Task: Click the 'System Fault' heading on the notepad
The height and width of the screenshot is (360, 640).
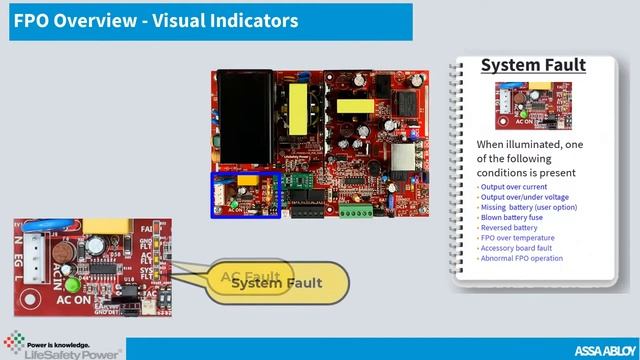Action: [x=532, y=66]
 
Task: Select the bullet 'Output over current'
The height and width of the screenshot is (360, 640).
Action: [x=516, y=187]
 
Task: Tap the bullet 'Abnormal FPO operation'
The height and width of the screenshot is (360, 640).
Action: [x=521, y=258]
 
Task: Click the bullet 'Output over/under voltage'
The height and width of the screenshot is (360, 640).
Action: [x=524, y=197]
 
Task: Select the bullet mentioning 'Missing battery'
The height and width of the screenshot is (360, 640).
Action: [x=527, y=207]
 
